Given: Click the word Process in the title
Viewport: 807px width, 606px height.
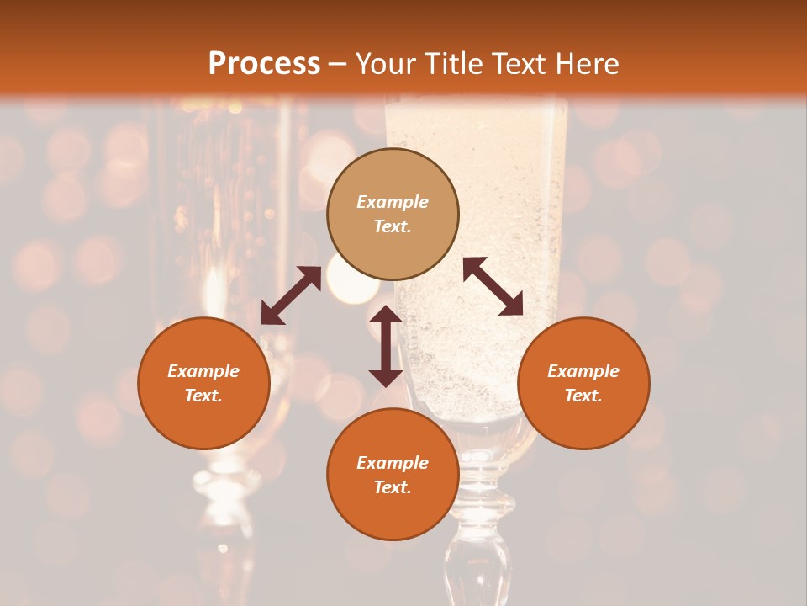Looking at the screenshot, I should [x=264, y=64].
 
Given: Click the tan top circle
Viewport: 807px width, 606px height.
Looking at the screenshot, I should [x=393, y=214].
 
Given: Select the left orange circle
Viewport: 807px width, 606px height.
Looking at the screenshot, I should [x=203, y=383].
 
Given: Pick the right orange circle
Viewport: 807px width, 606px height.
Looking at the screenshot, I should [x=583, y=383].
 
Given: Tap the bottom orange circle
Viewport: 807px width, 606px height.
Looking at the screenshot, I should [x=393, y=475].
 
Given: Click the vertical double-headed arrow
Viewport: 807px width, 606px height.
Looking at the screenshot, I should [x=386, y=346].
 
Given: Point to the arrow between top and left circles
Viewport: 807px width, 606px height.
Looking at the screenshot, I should [x=291, y=295].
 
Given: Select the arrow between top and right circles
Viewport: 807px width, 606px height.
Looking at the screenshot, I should [x=493, y=286].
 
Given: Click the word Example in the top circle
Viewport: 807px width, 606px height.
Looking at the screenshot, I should [x=393, y=202].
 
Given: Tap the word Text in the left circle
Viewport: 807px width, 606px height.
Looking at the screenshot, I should [x=203, y=396].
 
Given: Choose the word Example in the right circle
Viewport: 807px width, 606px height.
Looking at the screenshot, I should [x=583, y=371].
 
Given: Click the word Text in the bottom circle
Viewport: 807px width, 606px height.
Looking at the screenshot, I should [x=393, y=487].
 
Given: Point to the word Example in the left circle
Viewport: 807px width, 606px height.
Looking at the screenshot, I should [x=203, y=371].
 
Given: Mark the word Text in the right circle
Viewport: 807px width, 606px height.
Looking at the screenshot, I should [x=583, y=396].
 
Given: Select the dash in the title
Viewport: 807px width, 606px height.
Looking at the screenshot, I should [x=338, y=65].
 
